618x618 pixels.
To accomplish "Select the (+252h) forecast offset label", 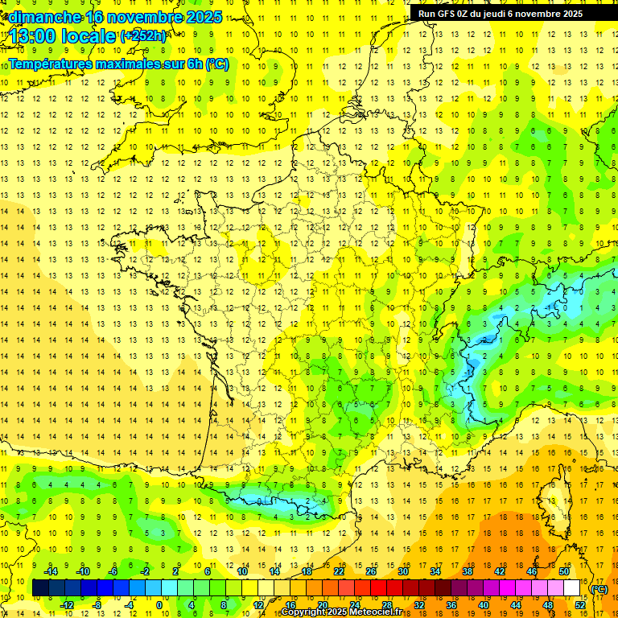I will click(x=143, y=35).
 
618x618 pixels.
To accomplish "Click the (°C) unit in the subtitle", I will click(x=217, y=64).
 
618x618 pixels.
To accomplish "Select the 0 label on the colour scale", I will click(x=159, y=604).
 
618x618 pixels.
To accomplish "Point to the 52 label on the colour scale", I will click(x=580, y=604).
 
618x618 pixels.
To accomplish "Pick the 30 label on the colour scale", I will click(x=403, y=571).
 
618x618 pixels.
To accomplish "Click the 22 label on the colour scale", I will click(x=339, y=571).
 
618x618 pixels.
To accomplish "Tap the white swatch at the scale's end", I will click(x=572, y=587).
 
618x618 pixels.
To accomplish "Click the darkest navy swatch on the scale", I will click(x=41, y=587).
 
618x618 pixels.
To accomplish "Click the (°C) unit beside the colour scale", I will click(x=599, y=588).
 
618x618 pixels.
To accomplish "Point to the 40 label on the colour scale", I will click(x=484, y=604).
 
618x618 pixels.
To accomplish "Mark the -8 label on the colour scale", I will click(x=96, y=604).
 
